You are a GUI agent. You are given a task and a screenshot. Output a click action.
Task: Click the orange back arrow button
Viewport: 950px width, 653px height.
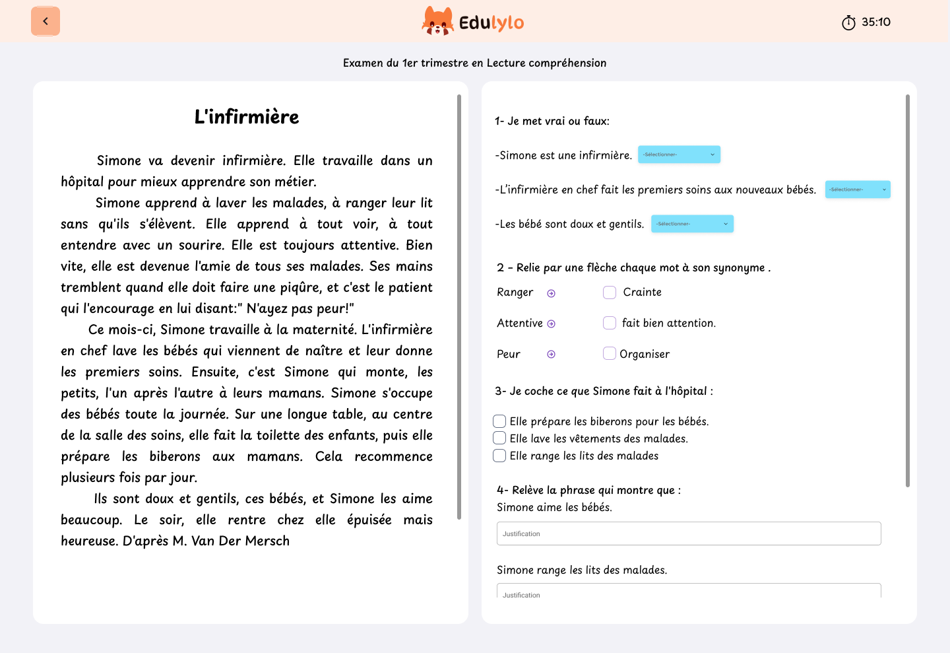point(46,21)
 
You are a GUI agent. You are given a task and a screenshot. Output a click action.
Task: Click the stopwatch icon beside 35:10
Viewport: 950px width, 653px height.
point(848,22)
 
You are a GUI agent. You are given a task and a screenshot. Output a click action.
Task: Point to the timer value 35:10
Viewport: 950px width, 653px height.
point(876,22)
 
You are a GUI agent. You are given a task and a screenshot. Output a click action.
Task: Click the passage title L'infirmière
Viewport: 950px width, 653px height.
point(247,117)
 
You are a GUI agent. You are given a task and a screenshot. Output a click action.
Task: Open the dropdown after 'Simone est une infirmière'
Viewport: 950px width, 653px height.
point(679,155)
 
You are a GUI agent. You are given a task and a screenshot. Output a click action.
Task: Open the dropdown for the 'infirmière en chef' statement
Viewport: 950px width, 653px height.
point(858,189)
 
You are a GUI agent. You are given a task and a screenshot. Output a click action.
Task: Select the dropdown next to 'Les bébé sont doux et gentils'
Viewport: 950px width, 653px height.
point(692,224)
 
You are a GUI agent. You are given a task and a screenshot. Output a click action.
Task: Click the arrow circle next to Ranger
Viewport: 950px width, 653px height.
point(552,293)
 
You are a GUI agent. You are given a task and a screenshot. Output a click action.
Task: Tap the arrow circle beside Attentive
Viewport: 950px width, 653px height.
point(552,324)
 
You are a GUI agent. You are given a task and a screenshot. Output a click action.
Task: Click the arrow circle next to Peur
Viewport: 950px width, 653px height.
point(552,355)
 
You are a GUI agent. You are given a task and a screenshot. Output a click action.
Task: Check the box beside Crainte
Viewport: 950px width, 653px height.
point(610,292)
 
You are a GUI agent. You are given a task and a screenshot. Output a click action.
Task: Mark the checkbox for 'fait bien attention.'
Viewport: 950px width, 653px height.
point(610,323)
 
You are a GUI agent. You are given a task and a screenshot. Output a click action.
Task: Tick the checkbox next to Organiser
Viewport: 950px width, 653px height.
point(610,354)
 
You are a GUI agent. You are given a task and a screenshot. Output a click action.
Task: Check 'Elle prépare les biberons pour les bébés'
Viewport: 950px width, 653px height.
point(499,421)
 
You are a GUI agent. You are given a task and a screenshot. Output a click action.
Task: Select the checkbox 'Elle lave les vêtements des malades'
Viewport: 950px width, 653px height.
point(499,438)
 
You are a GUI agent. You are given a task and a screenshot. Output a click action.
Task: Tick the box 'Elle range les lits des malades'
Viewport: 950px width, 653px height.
point(499,456)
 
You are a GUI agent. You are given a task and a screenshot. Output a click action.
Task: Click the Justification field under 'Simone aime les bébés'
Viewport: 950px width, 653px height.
point(689,533)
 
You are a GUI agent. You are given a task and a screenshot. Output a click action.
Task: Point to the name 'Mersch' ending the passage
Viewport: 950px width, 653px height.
point(267,541)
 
